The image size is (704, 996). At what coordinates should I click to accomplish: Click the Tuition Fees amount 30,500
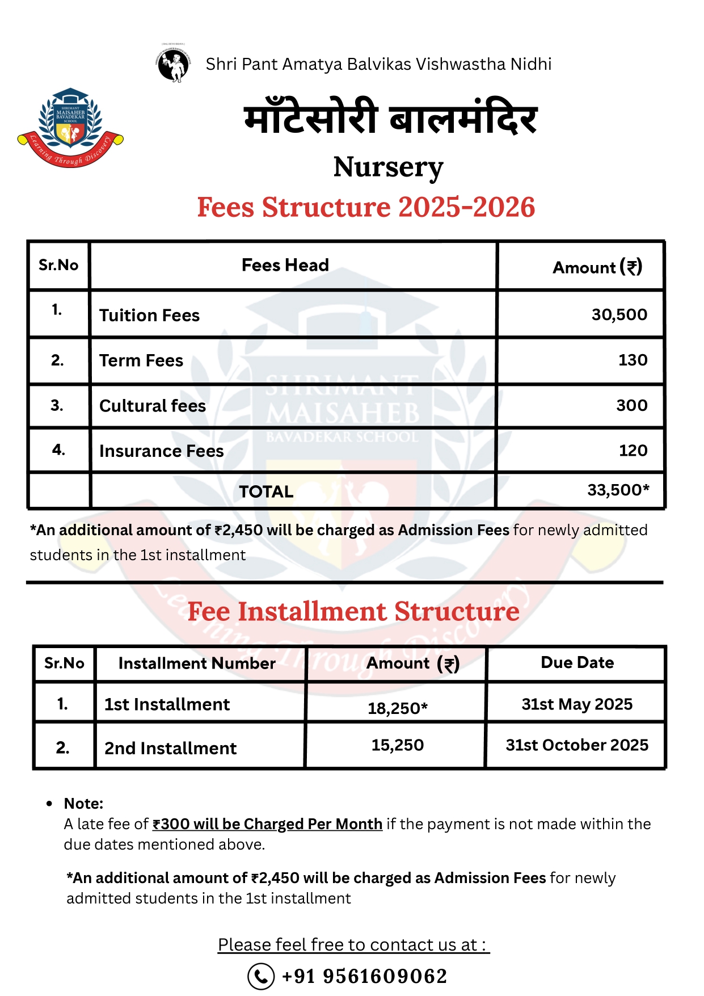point(619,314)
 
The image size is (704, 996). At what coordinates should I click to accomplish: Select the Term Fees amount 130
point(633,360)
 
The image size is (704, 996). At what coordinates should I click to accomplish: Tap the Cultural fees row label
point(153,406)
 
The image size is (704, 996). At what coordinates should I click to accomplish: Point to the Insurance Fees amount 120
point(633,451)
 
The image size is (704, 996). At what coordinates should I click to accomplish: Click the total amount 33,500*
point(618,490)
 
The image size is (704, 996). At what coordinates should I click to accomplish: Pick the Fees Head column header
point(285,265)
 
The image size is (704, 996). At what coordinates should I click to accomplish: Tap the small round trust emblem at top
point(174,64)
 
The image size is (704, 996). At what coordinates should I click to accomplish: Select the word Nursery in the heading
point(388,167)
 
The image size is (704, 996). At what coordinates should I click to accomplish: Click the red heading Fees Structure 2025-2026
point(366,207)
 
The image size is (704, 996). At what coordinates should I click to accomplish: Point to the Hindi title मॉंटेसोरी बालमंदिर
point(390,120)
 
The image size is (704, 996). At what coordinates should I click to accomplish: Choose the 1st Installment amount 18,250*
point(397,708)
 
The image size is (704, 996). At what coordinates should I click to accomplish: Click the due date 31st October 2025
point(577,745)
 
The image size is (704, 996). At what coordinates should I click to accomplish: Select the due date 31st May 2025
point(577,704)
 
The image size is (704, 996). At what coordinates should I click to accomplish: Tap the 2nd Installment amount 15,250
point(397,745)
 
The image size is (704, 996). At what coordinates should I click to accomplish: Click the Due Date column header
point(577,663)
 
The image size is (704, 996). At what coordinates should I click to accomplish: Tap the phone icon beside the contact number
point(261,976)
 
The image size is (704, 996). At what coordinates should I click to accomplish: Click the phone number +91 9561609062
point(364,976)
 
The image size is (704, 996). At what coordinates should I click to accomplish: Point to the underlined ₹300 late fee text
point(267,824)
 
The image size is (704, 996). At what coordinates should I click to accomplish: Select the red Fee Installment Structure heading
point(353,612)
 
